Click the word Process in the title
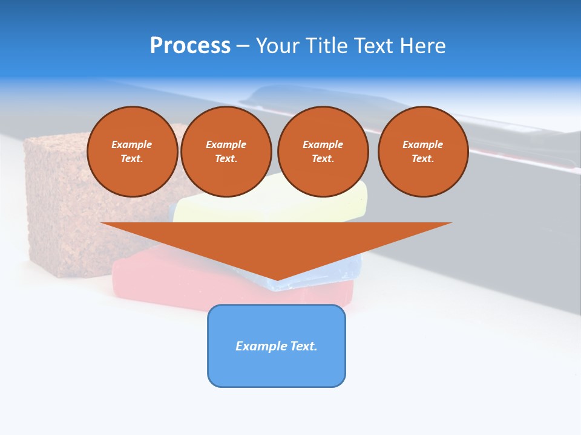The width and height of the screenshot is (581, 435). [190, 46]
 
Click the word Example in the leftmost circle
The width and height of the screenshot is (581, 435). [132, 144]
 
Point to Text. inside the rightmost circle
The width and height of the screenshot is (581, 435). [423, 158]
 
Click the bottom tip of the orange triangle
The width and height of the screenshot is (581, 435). [277, 279]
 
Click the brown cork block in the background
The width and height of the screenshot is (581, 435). [54, 205]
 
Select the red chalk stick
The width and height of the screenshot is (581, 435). [151, 278]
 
